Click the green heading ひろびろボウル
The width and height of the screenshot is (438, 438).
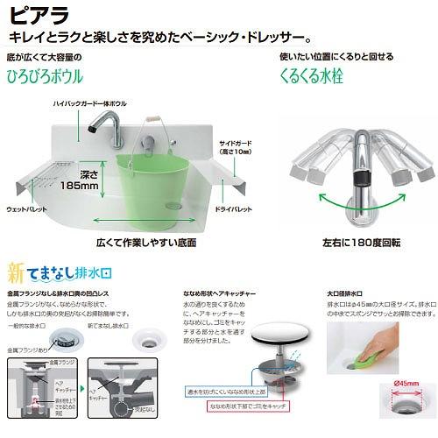point(46,76)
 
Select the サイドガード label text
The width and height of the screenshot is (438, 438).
point(237,143)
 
